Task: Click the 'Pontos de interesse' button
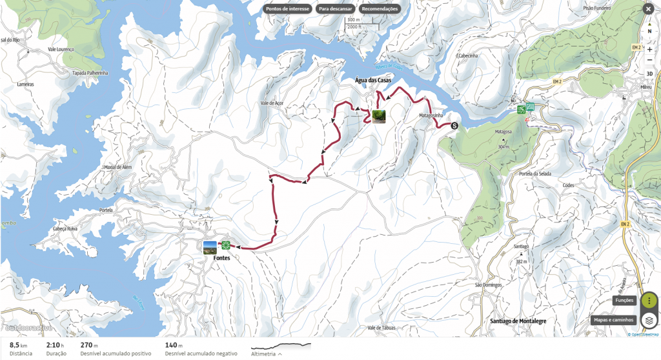[x=288, y=9]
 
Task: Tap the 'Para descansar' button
[x=335, y=9]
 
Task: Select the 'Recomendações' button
[x=380, y=9]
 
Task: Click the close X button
[x=648, y=9]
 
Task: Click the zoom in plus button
[x=649, y=49]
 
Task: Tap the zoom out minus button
[x=649, y=60]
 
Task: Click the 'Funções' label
[x=624, y=301]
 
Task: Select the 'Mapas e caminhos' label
[x=613, y=320]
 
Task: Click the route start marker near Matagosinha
[x=454, y=126]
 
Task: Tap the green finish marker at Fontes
[x=226, y=245]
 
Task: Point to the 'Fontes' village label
[x=221, y=258]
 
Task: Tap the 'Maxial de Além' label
[x=117, y=167]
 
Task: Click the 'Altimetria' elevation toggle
[x=267, y=354]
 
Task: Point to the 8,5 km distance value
[x=17, y=345]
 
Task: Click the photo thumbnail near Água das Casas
[x=379, y=116]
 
